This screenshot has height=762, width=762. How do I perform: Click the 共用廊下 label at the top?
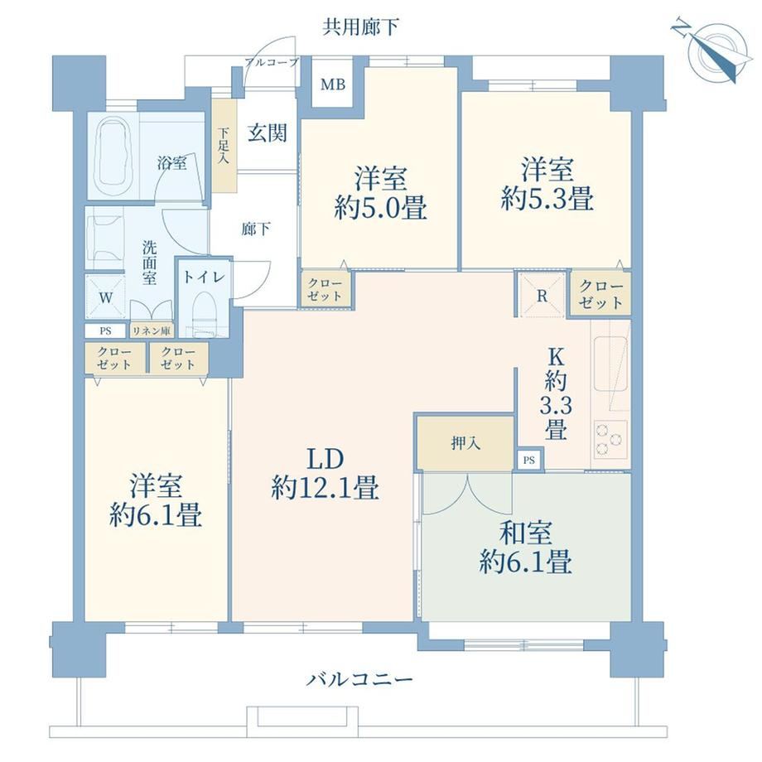360,27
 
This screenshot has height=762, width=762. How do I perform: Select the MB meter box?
333,84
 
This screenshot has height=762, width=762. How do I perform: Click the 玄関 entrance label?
268,133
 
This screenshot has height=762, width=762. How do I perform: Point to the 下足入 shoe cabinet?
224,146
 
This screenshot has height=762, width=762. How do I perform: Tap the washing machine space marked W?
106,297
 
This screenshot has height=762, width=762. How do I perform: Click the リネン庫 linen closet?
152,331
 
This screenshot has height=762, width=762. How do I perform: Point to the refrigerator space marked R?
542,295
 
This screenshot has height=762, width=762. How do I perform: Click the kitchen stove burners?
610,439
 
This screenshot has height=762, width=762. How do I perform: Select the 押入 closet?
465,443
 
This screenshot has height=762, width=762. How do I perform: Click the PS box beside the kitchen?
529,459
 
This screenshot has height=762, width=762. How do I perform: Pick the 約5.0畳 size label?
380,209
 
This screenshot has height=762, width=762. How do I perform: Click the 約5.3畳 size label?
547,199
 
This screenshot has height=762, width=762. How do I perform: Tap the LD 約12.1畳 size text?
326,473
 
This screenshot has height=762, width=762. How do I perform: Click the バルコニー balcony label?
359,679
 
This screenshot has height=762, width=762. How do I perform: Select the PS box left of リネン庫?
105,331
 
